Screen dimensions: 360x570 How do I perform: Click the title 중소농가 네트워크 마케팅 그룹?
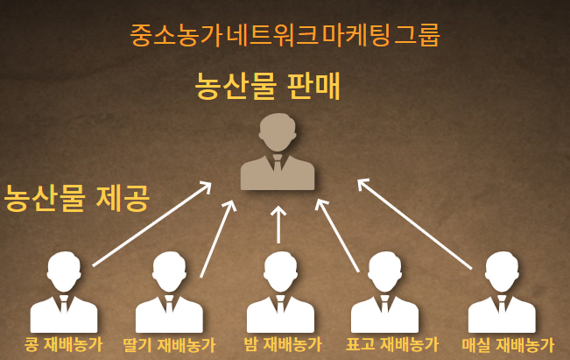[285, 34]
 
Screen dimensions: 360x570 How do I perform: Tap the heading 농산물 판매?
[267, 86]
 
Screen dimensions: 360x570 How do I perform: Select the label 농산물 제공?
[77, 197]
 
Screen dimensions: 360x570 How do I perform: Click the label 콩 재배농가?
[64, 344]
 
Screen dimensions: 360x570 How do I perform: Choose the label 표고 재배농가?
[391, 344]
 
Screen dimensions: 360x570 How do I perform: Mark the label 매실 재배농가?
[508, 344]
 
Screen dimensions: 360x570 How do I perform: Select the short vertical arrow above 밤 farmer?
[278, 224]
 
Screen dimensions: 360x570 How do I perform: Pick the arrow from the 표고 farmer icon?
[338, 236]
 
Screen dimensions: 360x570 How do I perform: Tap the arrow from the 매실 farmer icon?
[415, 223]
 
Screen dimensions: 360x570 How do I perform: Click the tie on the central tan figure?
[278, 166]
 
